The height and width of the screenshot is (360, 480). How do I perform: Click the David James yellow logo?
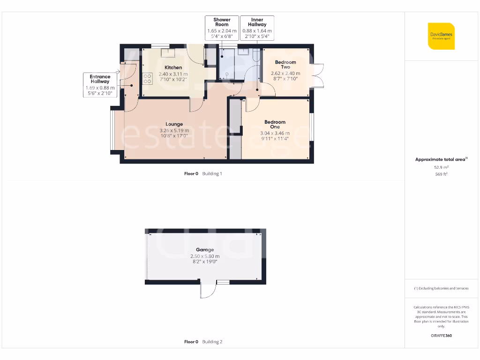point(441,36)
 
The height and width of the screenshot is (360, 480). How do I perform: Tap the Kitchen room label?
point(173,67)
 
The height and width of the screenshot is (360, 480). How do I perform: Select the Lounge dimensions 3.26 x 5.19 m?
point(174,131)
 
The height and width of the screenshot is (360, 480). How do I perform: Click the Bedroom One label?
point(275,124)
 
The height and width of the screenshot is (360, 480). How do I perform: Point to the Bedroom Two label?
point(285,65)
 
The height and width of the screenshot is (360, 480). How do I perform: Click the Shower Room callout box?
point(222,28)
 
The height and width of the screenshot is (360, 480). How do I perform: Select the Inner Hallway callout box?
point(257,28)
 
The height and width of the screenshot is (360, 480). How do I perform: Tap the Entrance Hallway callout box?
point(100,85)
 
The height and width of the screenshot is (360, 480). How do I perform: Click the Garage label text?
point(205,250)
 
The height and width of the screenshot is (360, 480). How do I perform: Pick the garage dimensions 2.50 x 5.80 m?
point(205,256)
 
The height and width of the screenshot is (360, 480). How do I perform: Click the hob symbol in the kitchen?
point(148,78)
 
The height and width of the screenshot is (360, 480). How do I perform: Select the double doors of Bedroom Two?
point(319,75)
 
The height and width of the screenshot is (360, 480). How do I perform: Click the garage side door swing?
point(207,291)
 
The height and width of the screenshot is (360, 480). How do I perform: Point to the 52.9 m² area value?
point(441,167)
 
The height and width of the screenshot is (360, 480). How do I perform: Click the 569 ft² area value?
point(441,174)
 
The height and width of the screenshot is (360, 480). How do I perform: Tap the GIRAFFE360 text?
point(441,336)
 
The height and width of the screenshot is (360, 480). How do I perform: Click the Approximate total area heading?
point(441,159)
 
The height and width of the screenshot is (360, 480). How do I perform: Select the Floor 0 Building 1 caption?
point(203,173)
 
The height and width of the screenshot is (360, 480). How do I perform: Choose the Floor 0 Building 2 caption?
point(203,342)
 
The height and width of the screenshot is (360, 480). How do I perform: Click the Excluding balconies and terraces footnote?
point(441,288)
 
